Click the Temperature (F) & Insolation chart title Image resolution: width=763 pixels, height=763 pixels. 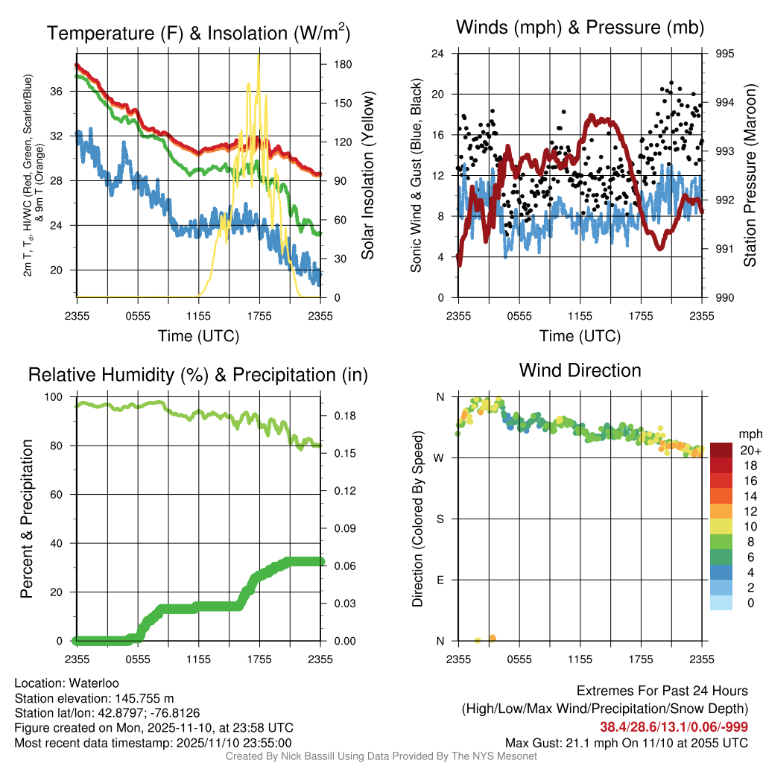(198, 34)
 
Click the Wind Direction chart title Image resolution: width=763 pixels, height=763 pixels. (580, 370)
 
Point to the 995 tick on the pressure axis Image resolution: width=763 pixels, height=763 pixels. (724, 54)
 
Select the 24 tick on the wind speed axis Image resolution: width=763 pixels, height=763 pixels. (438, 54)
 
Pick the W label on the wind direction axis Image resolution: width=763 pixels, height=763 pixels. (440, 458)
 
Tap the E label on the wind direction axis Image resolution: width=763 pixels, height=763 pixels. (440, 580)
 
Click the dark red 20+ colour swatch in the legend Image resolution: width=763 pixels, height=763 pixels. (721, 450)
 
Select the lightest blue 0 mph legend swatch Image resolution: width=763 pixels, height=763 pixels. (721, 604)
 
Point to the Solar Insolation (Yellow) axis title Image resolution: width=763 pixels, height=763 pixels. (367, 176)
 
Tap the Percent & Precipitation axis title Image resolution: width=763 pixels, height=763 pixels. (27, 519)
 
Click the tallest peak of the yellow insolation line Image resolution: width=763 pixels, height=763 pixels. (259, 55)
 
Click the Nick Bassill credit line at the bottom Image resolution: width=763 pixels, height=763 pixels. (381, 756)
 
